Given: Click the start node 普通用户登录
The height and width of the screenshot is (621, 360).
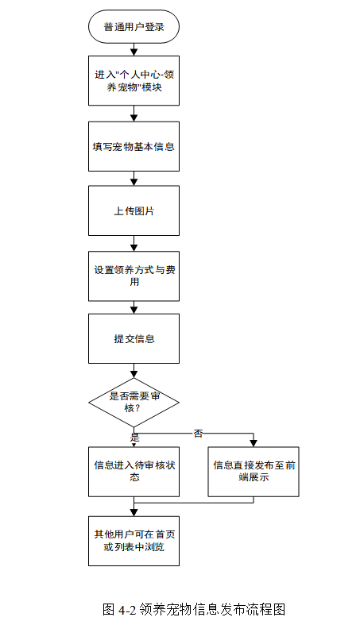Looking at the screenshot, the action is (134, 27).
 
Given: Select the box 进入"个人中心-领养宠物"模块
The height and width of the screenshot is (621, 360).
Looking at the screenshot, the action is (134, 81).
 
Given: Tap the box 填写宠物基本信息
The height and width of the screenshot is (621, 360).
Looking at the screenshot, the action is (134, 147).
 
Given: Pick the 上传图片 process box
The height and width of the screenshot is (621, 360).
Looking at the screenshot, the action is (134, 210).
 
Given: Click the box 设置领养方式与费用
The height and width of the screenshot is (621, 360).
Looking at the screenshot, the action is (134, 276).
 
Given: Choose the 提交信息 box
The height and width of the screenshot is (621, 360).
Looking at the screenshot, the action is (134, 338).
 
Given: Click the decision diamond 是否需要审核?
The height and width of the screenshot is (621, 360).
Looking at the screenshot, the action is (134, 403).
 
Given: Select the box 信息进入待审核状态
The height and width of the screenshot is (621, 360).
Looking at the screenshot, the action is (134, 472).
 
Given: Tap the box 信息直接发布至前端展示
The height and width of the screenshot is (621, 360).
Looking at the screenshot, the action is (254, 472).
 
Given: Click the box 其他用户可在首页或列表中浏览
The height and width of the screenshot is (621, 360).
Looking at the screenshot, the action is (134, 541).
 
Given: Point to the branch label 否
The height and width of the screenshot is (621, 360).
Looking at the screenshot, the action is (198, 434).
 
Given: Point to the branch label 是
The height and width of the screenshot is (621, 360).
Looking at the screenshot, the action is (135, 438).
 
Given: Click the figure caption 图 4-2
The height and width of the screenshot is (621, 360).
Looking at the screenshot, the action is (120, 609).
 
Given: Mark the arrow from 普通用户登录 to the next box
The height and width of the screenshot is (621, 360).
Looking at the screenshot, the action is (134, 49).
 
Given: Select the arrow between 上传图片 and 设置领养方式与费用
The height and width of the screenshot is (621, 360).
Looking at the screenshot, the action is (134, 244).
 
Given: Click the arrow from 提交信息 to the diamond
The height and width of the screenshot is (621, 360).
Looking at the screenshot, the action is (134, 371).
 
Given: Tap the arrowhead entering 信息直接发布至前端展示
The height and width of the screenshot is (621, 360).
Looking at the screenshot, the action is (254, 444).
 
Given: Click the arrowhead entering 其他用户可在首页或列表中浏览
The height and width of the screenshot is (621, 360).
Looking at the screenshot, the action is (134, 512).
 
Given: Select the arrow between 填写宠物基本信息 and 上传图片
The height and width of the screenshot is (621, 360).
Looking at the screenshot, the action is (134, 179).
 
